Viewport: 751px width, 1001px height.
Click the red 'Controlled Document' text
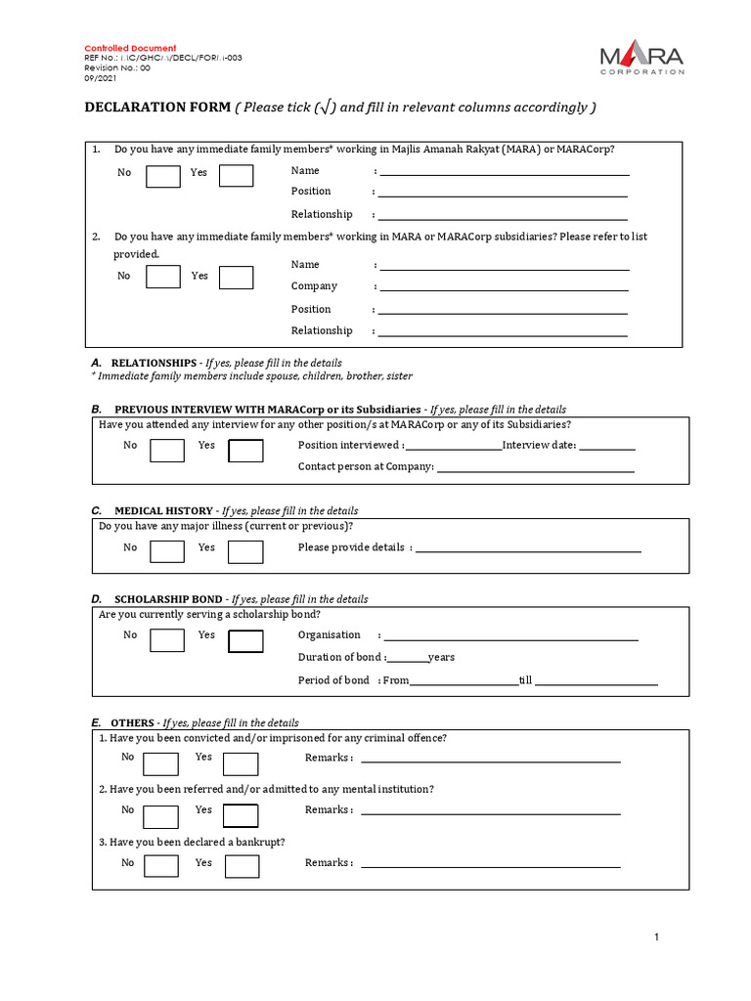tap(130, 48)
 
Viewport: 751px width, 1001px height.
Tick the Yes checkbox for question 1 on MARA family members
tap(236, 176)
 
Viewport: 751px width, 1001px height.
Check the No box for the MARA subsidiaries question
tap(163, 277)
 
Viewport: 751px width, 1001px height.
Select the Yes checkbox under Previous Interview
tap(245, 451)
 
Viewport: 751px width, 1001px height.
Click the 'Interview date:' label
tap(539, 446)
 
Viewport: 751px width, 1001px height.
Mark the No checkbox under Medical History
tap(167, 552)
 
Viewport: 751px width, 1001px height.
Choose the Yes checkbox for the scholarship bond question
tap(245, 641)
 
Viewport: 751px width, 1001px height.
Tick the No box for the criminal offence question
tap(161, 763)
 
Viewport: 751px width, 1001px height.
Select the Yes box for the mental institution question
tap(241, 815)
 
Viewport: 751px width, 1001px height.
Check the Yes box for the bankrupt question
tap(242, 867)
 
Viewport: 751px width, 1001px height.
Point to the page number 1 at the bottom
tap(657, 938)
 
